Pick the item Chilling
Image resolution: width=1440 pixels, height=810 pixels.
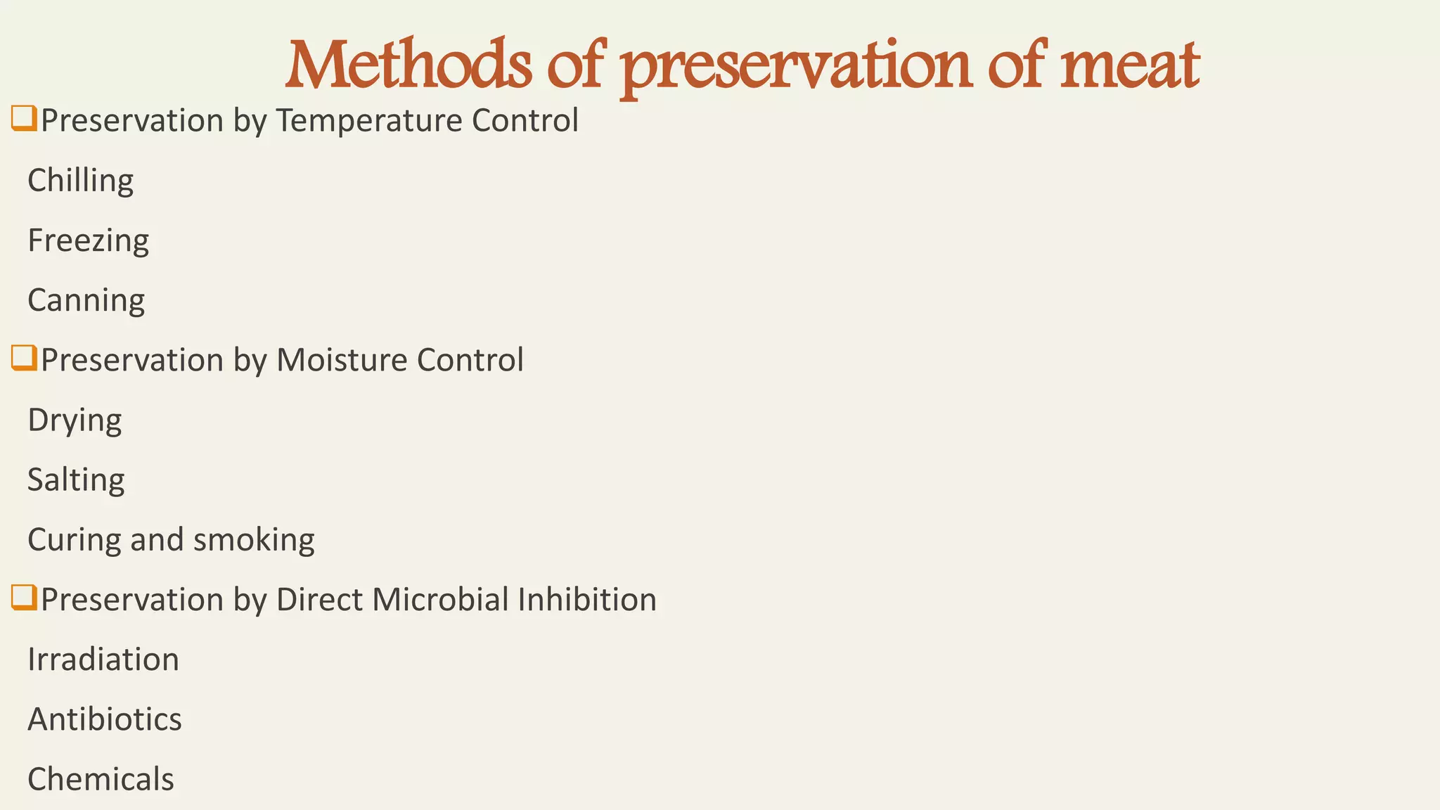tap(80, 181)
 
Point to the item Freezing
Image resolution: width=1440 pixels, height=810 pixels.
tap(88, 240)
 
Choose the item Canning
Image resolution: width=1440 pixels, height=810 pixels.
tap(86, 300)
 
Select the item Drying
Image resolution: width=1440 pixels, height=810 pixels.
tap(75, 420)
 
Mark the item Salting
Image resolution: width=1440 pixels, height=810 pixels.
tap(76, 480)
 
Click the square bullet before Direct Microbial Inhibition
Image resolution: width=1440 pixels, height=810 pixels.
tap(24, 598)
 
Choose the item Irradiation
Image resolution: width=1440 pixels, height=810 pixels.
tap(103, 660)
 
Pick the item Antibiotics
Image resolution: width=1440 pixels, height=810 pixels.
tap(105, 719)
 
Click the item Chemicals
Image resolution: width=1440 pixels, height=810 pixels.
tap(101, 779)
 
